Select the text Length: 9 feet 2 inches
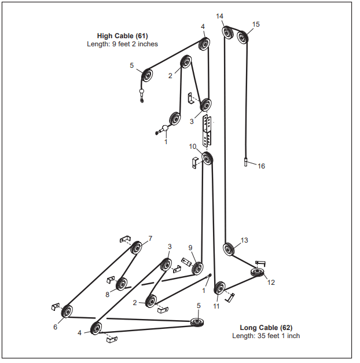coord(122,44)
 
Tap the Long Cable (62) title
coord(266,328)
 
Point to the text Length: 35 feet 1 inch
coord(266,336)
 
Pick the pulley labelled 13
coord(229,249)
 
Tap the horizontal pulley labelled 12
coord(258,271)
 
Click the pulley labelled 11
coord(219,288)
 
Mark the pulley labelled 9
coord(197,268)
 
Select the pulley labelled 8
coord(122,284)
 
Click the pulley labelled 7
coord(136,248)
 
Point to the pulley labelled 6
coord(67,311)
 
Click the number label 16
coord(261,166)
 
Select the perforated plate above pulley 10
coord(207,131)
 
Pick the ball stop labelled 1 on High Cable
coord(164,129)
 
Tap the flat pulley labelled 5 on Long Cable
coord(197,322)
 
